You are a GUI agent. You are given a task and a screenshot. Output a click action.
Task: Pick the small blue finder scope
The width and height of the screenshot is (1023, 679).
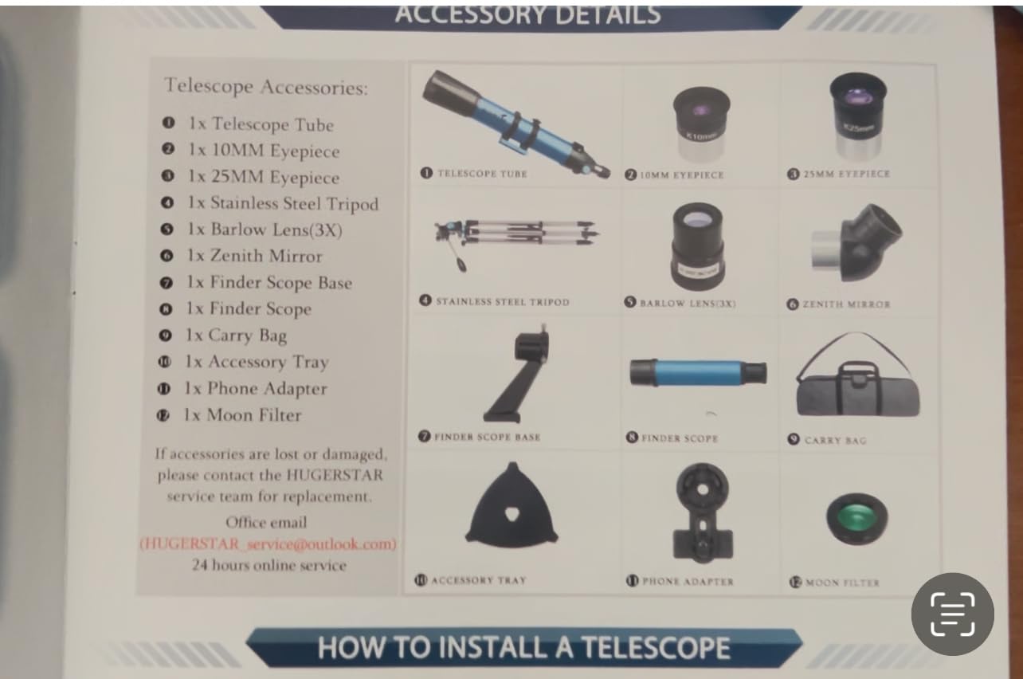[x=698, y=372]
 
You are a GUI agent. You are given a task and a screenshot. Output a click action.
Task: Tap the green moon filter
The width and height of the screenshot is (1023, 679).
[x=857, y=518]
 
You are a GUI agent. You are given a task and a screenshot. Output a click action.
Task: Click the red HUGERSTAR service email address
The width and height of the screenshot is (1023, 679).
[x=268, y=544]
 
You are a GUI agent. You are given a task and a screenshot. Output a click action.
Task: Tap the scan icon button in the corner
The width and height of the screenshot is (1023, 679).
[x=952, y=614]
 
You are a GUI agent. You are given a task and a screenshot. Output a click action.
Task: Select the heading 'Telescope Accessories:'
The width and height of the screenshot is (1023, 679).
[x=266, y=86]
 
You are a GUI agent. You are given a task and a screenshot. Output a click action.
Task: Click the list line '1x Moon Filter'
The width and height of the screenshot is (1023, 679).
[x=242, y=415]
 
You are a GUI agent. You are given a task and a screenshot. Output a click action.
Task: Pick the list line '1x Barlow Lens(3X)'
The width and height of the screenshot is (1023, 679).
[x=265, y=230]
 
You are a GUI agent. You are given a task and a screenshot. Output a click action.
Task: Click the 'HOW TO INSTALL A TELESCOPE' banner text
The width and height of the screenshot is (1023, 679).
[x=523, y=647]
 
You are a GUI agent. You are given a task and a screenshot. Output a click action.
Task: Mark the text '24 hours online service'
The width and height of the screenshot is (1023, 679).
[x=268, y=566]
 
